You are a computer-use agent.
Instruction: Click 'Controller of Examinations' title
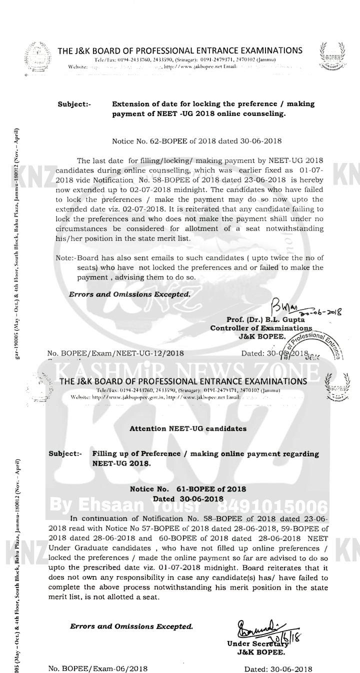[x=261, y=328]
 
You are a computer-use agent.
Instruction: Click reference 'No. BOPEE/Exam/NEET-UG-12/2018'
[x=115, y=353]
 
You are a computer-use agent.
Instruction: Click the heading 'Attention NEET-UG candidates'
[x=187, y=428]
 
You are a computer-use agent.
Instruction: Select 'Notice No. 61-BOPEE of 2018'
[x=187, y=489]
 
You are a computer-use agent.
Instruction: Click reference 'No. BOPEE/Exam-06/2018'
[x=98, y=668]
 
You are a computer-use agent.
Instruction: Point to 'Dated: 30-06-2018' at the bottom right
[x=278, y=669]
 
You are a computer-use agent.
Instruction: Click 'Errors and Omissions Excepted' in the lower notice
[x=131, y=626]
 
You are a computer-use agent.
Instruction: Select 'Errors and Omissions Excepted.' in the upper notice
[x=129, y=294]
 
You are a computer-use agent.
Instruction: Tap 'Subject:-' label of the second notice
[x=65, y=453]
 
